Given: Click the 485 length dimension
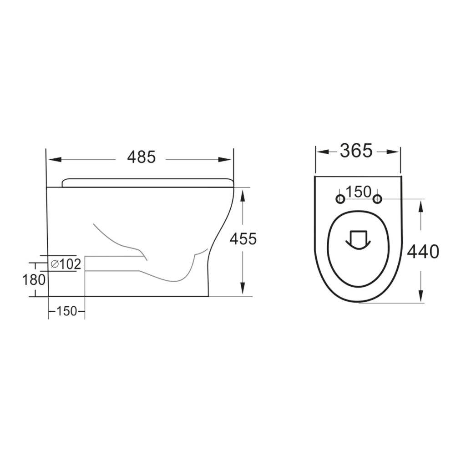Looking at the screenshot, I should pyautogui.click(x=141, y=157).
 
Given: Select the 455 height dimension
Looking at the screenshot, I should pyautogui.click(x=243, y=238).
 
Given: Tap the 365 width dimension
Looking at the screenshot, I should pyautogui.click(x=356, y=150).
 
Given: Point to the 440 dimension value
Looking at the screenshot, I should pyautogui.click(x=423, y=251).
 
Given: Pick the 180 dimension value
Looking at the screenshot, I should pyautogui.click(x=34, y=279).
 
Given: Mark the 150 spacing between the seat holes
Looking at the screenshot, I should pyautogui.click(x=358, y=192).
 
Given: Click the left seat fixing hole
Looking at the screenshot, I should pyautogui.click(x=340, y=199).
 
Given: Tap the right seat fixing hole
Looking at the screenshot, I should pyautogui.click(x=377, y=199).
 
